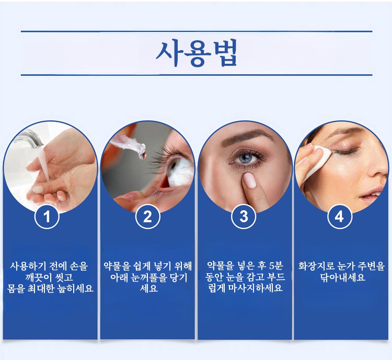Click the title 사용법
(196, 53)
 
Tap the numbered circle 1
(47, 216)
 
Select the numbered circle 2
(147, 216)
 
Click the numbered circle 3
(244, 216)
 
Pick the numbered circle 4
(340, 216)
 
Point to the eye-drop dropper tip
(142, 152)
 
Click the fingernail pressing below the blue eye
(250, 180)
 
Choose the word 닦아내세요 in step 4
(342, 277)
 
